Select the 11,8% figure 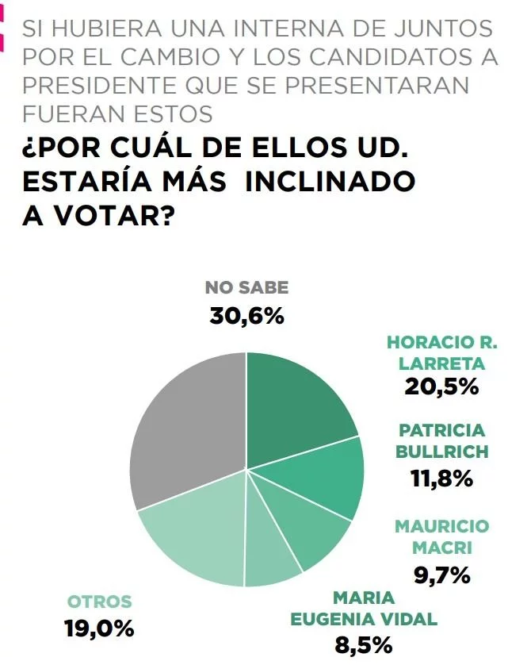tap(441, 479)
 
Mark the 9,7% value tap(442, 575)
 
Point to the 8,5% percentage tap(364, 644)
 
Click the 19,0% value tap(99, 628)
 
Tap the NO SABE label tap(246, 288)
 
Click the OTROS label tap(99, 601)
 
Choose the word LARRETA tap(441, 363)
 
